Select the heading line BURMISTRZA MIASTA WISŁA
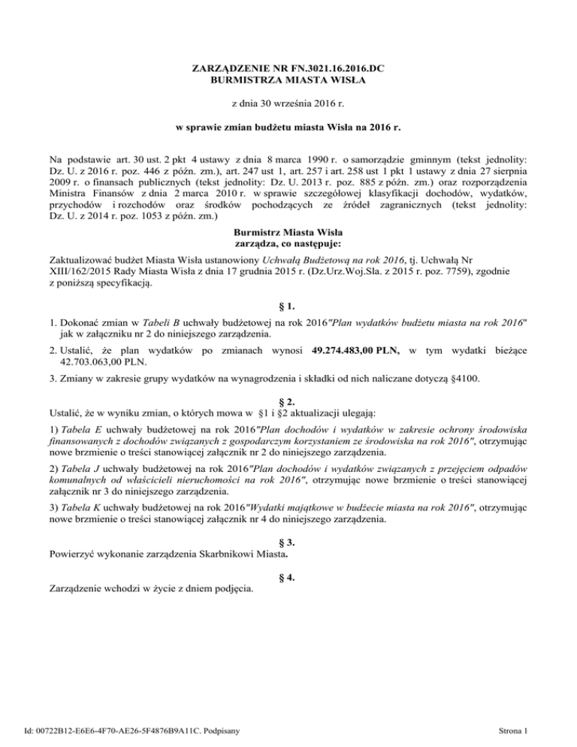point(288,82)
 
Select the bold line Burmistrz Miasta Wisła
point(288,233)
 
